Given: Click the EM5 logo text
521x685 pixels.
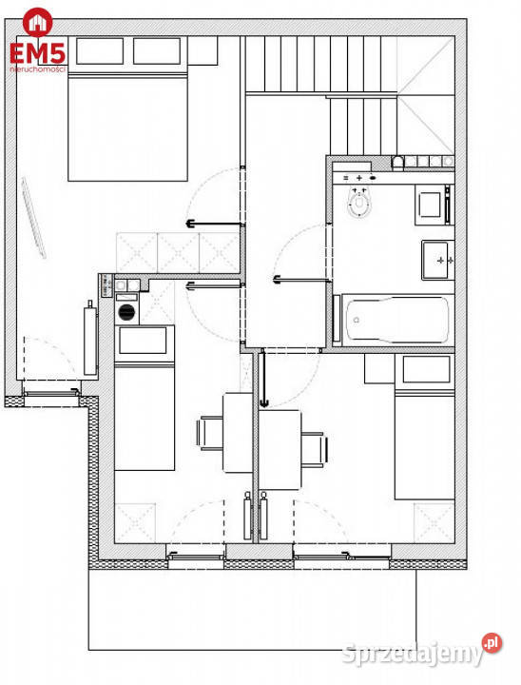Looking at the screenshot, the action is tap(38, 53).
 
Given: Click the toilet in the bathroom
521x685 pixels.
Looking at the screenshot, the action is tap(359, 202).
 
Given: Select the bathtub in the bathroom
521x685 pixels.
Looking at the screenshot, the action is tap(397, 320).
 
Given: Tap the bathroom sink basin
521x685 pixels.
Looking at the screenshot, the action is tap(435, 260).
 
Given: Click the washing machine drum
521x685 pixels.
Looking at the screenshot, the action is tap(126, 311).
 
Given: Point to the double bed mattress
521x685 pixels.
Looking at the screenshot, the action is tap(127, 127).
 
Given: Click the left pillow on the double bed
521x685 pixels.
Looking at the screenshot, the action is tap(100, 50).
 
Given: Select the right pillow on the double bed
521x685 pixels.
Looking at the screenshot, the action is tap(157, 50).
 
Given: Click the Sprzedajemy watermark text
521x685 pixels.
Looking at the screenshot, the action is tap(413, 654).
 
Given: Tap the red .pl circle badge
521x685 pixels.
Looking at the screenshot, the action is tap(492, 643).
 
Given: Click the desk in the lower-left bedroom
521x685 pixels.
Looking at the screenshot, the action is tap(238, 433).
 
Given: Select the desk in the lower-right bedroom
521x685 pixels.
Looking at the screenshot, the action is tap(280, 449).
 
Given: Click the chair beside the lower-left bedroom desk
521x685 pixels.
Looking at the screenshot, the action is tap(209, 434).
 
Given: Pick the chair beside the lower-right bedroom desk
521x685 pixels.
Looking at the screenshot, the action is tap(315, 450).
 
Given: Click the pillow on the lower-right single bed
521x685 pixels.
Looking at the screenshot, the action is tap(426, 369).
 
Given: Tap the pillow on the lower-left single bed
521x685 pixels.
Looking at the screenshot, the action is tap(143, 341).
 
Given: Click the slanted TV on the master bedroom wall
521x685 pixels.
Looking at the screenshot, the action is tap(34, 218).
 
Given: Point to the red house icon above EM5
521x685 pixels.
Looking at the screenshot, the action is tap(38, 22).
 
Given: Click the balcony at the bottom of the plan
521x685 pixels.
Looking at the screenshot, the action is tap(252, 610).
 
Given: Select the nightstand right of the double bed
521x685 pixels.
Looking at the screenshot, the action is tap(203, 50).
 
